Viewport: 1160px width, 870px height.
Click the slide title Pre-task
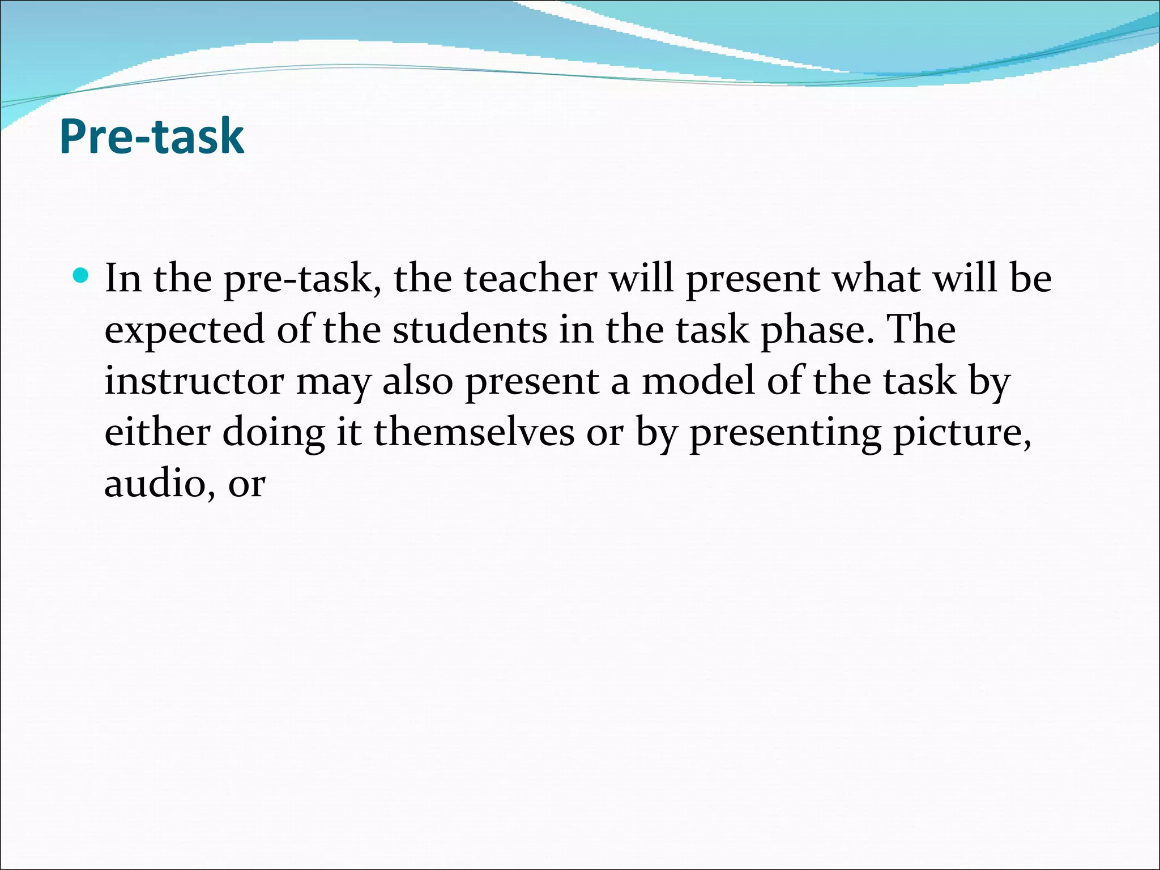click(x=151, y=137)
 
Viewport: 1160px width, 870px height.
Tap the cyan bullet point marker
click(x=82, y=276)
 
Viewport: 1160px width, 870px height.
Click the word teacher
click(x=531, y=279)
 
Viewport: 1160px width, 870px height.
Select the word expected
click(x=185, y=331)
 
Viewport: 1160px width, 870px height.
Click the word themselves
click(x=474, y=432)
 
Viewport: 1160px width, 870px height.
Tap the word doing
click(x=273, y=433)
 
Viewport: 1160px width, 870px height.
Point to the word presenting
click(x=785, y=433)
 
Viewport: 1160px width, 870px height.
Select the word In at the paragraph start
click(x=123, y=279)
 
